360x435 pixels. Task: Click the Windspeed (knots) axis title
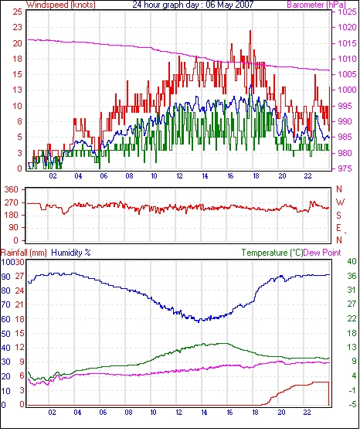tap(61, 5)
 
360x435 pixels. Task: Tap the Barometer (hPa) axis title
tap(316, 5)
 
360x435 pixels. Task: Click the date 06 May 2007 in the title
tap(229, 5)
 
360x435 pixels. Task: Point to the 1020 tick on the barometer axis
tap(347, 27)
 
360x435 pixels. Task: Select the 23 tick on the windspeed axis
tap(17, 27)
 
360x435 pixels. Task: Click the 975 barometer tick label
tap(346, 168)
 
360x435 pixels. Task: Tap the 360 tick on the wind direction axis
tap(12, 190)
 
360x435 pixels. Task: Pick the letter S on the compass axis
tap(339, 215)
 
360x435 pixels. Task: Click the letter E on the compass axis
tap(338, 228)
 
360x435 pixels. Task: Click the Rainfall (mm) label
tap(24, 253)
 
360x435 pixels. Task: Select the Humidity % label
tap(71, 253)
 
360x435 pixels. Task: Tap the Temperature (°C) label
tap(272, 253)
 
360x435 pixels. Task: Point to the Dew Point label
tap(322, 253)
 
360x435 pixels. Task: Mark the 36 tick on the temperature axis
tap(352, 276)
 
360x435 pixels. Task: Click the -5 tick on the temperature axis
tap(352, 405)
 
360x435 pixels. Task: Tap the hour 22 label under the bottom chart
tap(307, 413)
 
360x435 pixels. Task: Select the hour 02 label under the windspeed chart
tap(53, 176)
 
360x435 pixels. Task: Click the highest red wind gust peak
tap(250, 31)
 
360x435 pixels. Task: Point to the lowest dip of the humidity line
tap(199, 322)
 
